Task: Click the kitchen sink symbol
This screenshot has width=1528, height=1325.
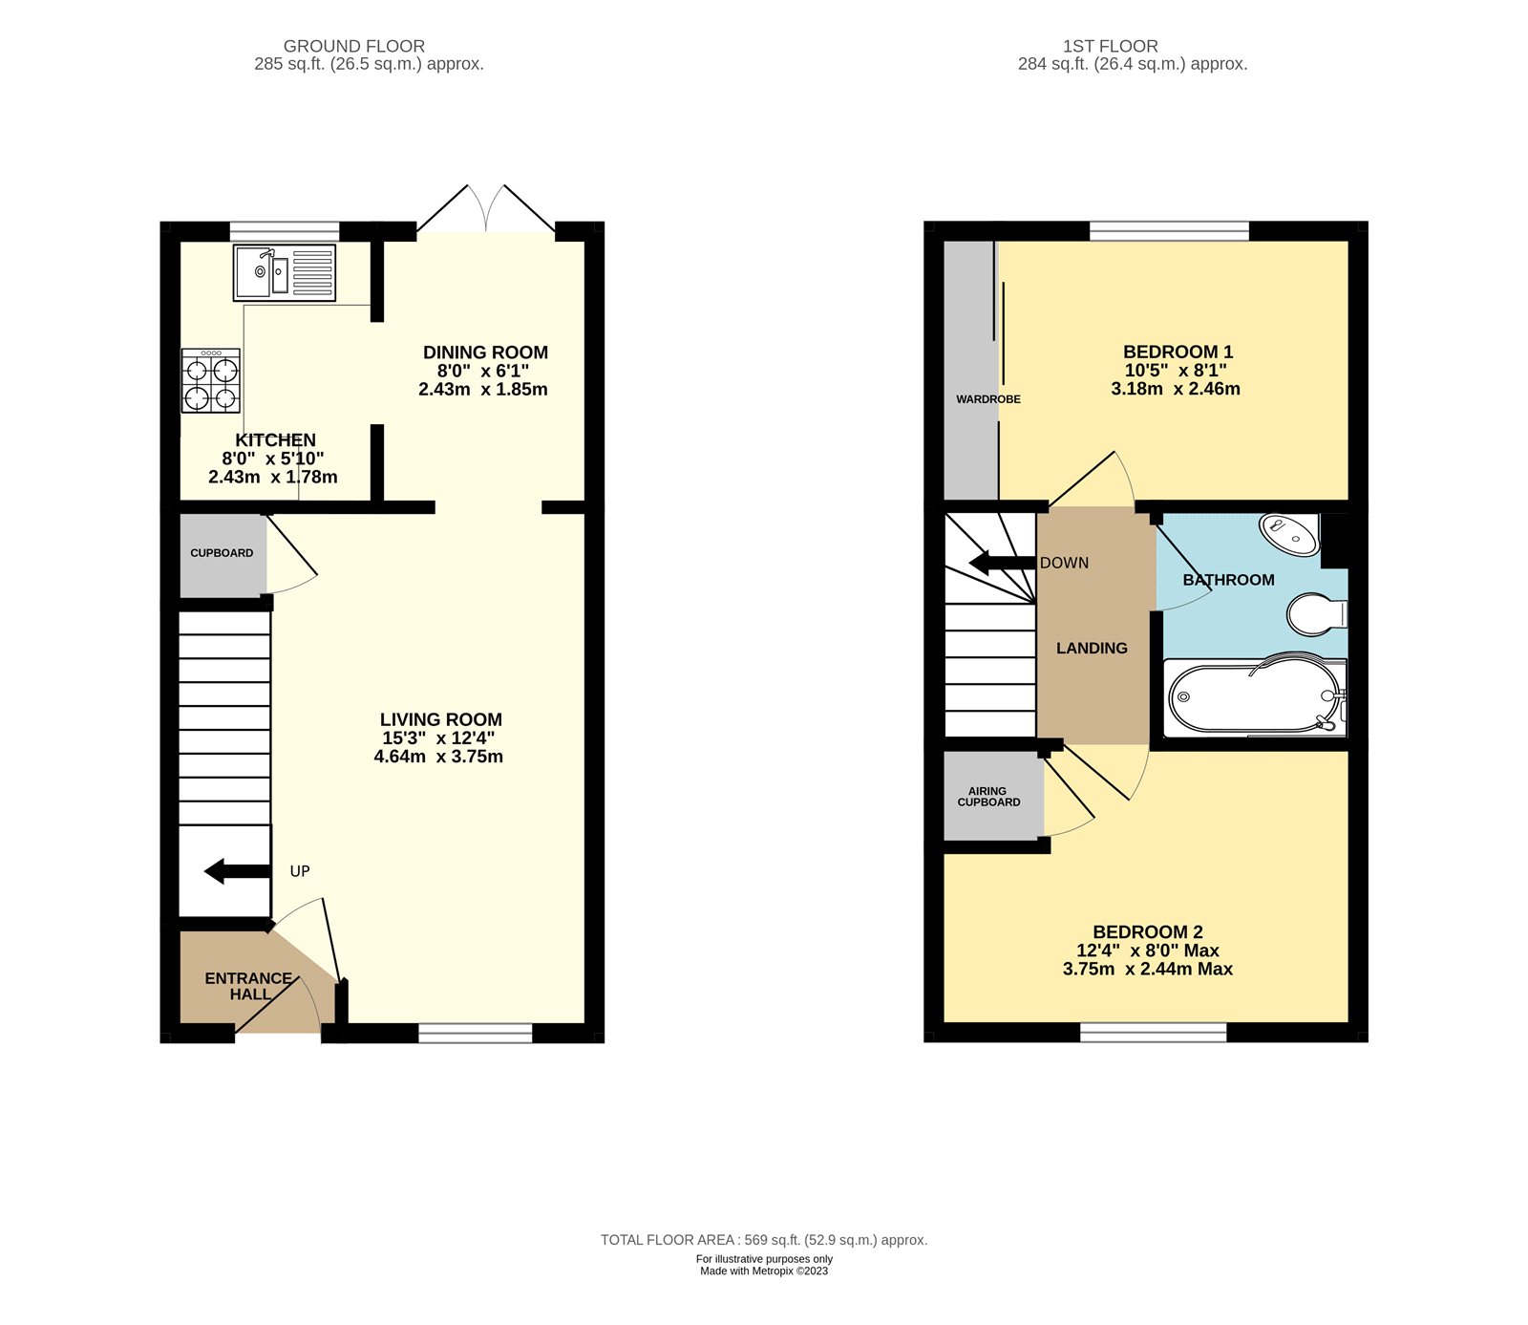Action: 284,273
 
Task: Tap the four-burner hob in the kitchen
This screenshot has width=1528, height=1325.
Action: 211,381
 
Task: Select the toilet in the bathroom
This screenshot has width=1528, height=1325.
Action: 1316,613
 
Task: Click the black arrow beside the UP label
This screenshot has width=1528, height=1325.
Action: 237,871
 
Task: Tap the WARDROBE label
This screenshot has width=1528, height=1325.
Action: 987,399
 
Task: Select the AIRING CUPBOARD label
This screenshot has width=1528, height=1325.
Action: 988,797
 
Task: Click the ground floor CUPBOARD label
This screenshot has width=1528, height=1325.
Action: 222,553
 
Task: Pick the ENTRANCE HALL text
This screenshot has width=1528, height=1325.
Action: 248,986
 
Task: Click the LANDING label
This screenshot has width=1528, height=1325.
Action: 1092,648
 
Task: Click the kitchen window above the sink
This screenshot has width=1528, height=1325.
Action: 285,231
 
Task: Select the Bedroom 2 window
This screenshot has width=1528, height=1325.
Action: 1153,1032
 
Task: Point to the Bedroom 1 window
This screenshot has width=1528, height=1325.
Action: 1169,230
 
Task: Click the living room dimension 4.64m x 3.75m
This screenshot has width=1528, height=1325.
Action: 438,757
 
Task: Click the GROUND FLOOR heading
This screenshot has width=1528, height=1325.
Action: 354,46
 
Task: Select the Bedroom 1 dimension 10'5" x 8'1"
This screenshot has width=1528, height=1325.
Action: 1175,371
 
